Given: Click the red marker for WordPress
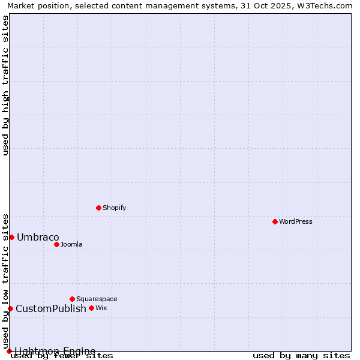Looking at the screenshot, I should pos(275,222).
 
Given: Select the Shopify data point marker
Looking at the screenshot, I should pos(99,208).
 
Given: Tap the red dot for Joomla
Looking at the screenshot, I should pos(57,244).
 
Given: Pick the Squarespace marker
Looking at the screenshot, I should pos(73,299).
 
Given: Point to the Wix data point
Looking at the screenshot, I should pos(92,308).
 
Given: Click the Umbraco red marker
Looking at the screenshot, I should pos(11,237).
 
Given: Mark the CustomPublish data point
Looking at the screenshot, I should pos(10,308).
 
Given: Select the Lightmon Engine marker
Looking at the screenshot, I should pos(9,351).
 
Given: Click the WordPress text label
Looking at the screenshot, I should pos(296,222).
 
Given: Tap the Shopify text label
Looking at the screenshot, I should pos(114,208).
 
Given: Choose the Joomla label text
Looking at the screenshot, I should pos(71,245).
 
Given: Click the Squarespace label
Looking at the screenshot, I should pos(97,299).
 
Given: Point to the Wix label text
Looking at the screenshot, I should pos(101,308).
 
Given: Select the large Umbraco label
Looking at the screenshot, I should pos(38,238).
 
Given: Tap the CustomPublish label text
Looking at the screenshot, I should pos(51,309).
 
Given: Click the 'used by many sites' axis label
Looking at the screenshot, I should pos(301,356).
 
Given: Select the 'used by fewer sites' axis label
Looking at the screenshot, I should pos(62,356).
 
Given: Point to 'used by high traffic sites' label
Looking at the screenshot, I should pos(6,85).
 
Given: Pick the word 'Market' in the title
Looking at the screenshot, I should pos(21,6).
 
